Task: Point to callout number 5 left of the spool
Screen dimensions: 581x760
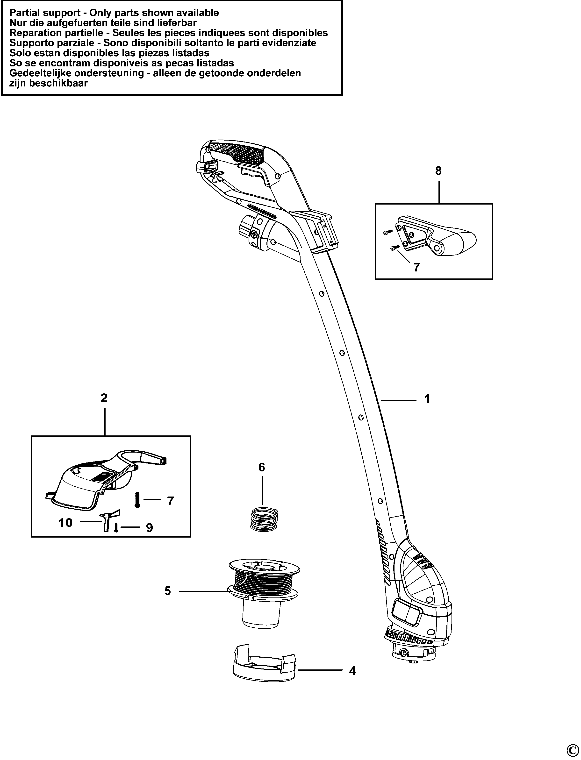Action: point(168,591)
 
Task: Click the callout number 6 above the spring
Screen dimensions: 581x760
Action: point(262,468)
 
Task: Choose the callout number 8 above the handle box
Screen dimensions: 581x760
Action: point(438,171)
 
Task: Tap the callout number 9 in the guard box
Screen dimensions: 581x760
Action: point(149,528)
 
